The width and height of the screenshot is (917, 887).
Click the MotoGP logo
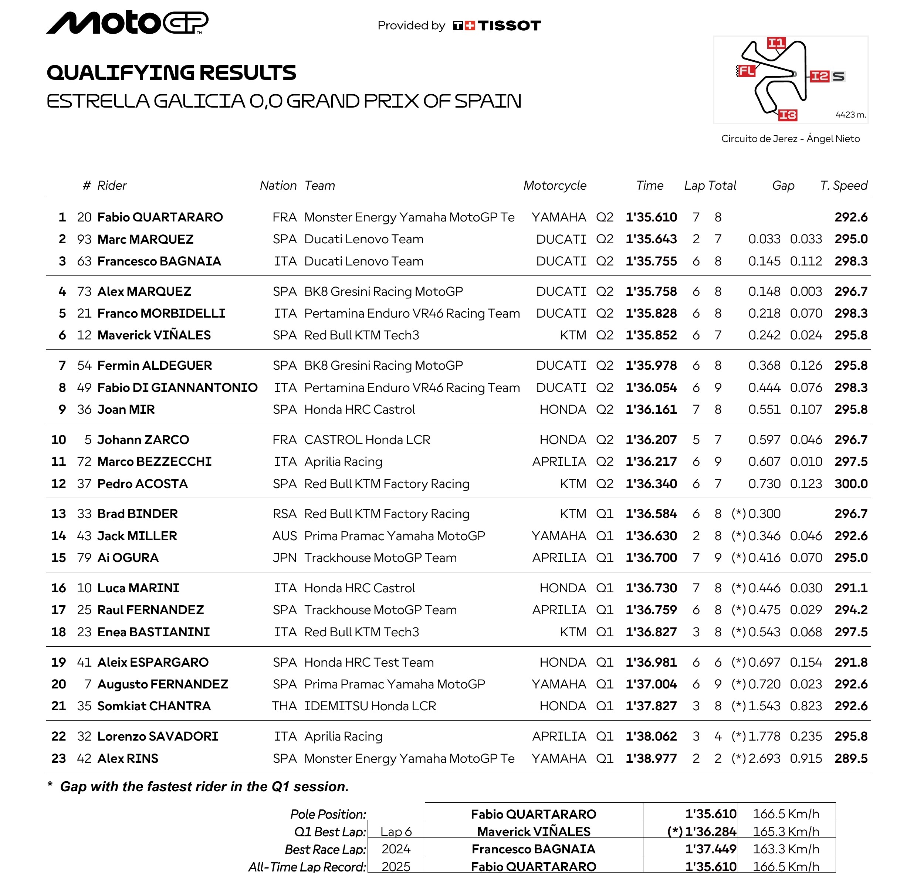pyautogui.click(x=127, y=23)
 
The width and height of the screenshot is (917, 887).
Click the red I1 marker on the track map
pyautogui.click(x=776, y=43)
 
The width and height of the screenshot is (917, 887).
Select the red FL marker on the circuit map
pyautogui.click(x=746, y=71)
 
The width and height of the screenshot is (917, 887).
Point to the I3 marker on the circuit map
pyautogui.click(x=788, y=115)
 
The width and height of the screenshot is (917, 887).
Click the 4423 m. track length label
pyautogui.click(x=850, y=115)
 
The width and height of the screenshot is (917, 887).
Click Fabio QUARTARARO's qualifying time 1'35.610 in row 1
pyautogui.click(x=651, y=217)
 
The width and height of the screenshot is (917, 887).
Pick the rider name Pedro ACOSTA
pyautogui.click(x=142, y=484)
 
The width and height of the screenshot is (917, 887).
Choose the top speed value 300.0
pyautogui.click(x=850, y=484)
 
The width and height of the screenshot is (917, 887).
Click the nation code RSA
pyautogui.click(x=284, y=514)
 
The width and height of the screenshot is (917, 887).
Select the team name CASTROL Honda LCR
pyautogui.click(x=367, y=440)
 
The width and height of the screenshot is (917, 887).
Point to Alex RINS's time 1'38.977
pyautogui.click(x=651, y=758)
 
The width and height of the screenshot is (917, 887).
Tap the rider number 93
pyautogui.click(x=84, y=239)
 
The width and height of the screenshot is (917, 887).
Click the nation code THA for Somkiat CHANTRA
pyautogui.click(x=284, y=706)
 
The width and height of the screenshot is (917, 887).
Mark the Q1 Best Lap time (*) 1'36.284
pyautogui.click(x=701, y=831)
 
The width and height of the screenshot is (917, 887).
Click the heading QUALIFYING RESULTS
pyautogui.click(x=171, y=72)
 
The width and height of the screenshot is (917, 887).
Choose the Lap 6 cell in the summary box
pyautogui.click(x=396, y=831)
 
